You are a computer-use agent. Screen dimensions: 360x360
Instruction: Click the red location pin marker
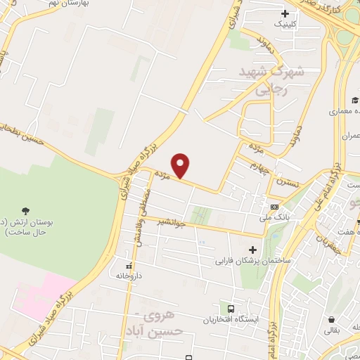pyautogui.click(x=181, y=166)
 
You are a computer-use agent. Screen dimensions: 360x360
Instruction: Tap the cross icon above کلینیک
pyautogui.click(x=284, y=13)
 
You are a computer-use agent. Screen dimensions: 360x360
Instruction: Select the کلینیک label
pyautogui.click(x=285, y=24)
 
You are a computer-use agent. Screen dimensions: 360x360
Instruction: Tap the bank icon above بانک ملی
pyautogui.click(x=274, y=207)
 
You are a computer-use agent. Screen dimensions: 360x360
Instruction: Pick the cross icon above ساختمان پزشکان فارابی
pyautogui.click(x=253, y=250)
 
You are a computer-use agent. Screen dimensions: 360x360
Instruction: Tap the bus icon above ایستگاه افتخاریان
pyautogui.click(x=229, y=307)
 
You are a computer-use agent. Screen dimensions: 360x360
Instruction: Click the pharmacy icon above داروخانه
pyautogui.click(x=128, y=266)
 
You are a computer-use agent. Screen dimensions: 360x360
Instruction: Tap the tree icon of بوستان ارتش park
pyautogui.click(x=26, y=210)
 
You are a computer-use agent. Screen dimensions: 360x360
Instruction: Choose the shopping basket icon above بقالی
pyautogui.click(x=331, y=317)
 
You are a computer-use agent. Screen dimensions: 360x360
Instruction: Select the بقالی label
pyautogui.click(x=331, y=328)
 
